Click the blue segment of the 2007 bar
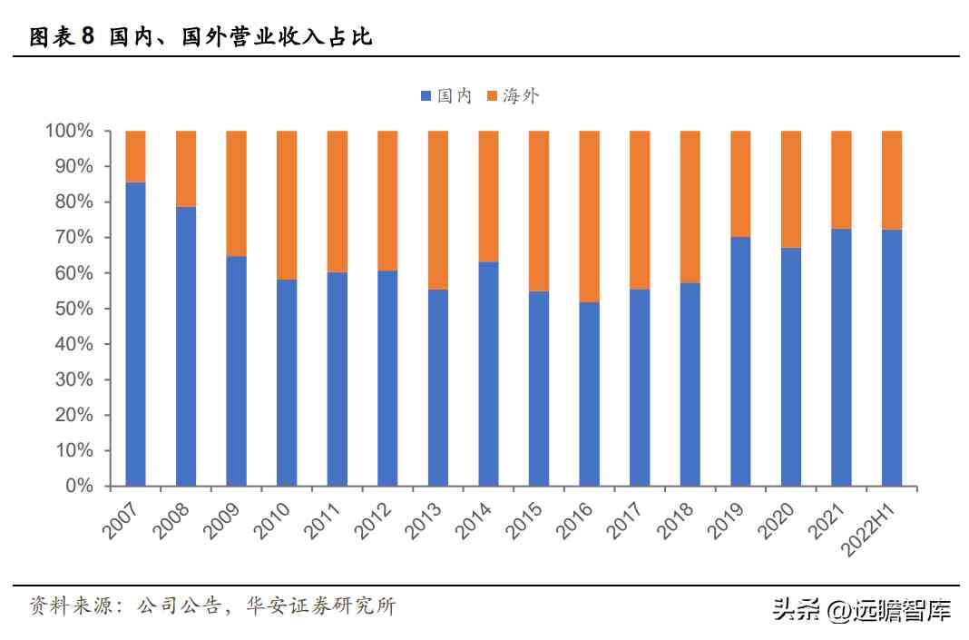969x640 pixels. [135, 334]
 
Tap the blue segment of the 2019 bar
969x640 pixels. [740, 361]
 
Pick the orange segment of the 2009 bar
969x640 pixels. [236, 193]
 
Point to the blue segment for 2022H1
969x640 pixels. [892, 358]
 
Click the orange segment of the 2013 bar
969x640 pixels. [438, 210]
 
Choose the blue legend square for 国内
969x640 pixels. [426, 96]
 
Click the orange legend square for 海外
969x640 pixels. [492, 96]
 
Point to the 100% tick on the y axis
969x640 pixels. [70, 131]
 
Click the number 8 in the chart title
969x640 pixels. [87, 37]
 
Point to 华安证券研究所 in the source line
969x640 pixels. [321, 606]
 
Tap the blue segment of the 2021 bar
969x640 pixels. [841, 358]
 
